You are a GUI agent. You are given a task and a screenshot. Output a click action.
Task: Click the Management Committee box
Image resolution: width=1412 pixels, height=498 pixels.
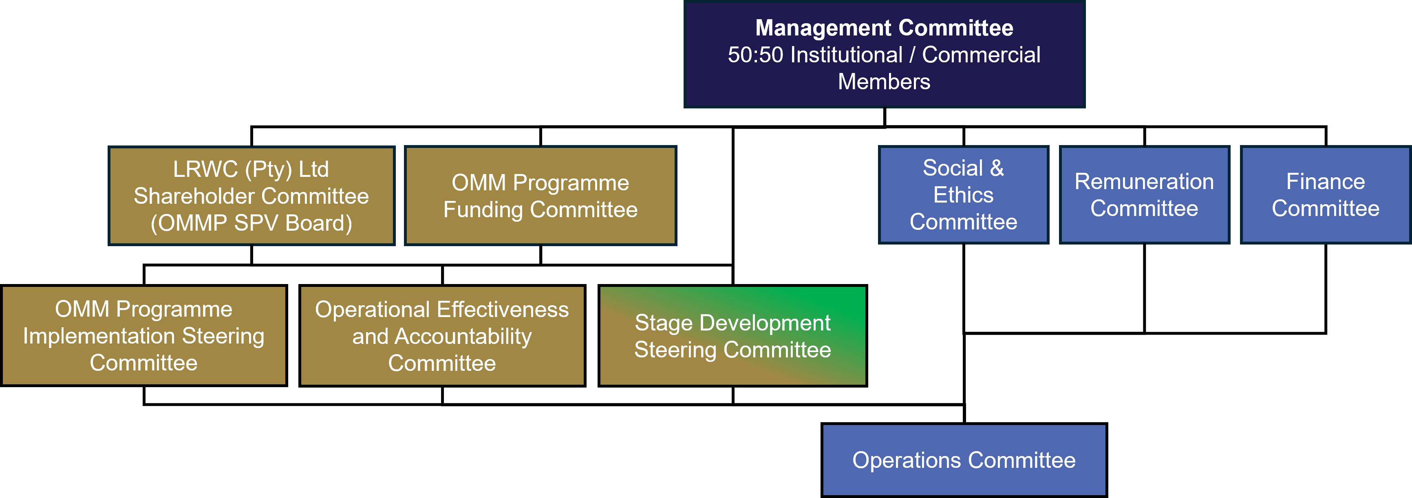pos(884,54)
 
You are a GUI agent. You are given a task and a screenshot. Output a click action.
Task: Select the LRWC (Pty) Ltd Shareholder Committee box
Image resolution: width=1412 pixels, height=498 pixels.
pos(252,196)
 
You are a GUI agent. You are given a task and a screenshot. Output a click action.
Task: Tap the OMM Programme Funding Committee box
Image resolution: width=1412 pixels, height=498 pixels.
pos(541,196)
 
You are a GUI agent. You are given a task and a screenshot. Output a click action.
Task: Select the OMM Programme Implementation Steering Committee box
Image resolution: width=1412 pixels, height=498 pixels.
pos(143,335)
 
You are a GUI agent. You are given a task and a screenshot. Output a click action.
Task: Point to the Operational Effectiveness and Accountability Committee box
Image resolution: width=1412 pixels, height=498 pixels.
pos(442,335)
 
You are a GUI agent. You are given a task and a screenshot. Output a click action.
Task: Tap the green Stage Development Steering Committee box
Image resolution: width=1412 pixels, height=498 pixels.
pos(732,335)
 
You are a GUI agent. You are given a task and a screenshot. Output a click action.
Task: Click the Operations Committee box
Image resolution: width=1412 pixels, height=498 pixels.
pos(964,460)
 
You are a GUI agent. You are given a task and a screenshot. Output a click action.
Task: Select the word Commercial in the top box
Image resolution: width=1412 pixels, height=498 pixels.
pos(981,55)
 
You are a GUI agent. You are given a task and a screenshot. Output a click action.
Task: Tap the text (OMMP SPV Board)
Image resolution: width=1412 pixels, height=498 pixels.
pos(252,223)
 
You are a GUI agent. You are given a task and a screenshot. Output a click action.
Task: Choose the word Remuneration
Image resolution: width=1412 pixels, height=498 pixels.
pos(1144,181)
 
